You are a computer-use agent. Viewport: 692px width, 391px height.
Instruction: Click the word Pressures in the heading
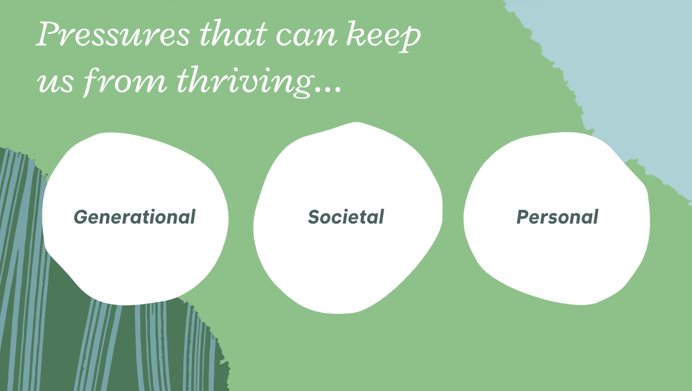tap(113, 35)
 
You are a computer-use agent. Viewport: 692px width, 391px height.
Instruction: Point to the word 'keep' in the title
tap(384, 36)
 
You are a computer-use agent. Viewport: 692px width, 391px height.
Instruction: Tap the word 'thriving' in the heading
tap(246, 81)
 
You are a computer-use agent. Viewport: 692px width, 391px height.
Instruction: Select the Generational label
tap(134, 217)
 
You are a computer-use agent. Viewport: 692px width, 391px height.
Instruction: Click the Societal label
tap(346, 216)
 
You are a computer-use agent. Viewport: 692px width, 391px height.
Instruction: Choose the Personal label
tap(558, 217)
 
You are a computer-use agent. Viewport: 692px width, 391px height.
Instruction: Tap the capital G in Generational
tap(81, 217)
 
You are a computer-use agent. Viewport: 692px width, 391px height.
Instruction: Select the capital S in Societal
tap(314, 217)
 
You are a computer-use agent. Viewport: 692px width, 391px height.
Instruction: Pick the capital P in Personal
tap(523, 217)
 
